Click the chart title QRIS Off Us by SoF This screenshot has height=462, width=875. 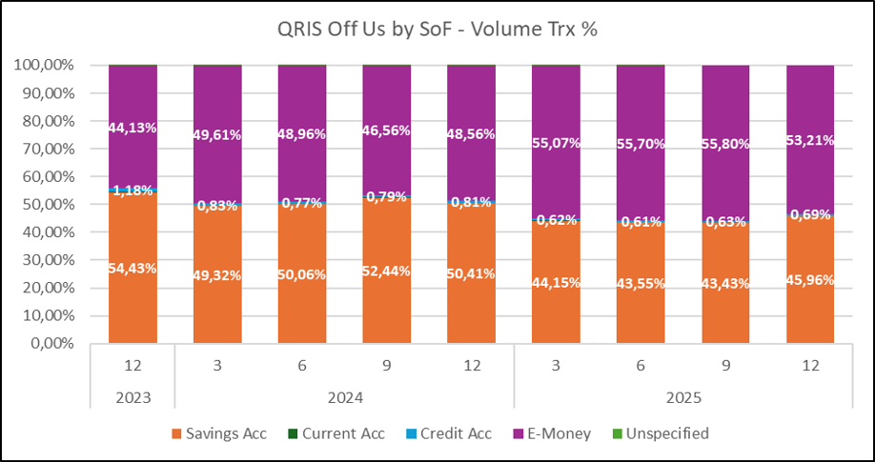(437, 30)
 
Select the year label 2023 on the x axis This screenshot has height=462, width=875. (132, 395)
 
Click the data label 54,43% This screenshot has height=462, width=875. (132, 270)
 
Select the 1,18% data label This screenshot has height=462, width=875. (132, 191)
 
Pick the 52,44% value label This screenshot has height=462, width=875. (387, 271)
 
